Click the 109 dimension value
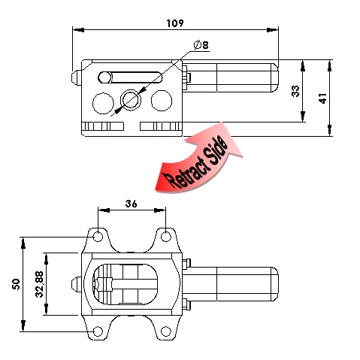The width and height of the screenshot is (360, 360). point(175,23)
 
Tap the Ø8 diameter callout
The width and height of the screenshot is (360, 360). point(201,45)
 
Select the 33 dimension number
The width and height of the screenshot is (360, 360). point(295,91)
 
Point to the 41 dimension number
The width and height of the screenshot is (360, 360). point(322,98)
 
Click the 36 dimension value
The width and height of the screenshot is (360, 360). point(132,204)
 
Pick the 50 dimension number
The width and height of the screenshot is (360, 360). point(16,284)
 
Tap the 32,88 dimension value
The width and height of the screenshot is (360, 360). point(39,284)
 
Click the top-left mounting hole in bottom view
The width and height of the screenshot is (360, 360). point(98,237)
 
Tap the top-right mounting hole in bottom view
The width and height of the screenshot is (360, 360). point(165,237)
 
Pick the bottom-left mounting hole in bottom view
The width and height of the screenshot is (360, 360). point(98,331)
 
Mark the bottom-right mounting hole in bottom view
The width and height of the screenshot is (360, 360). point(165,331)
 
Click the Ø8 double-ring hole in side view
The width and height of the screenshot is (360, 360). point(131,100)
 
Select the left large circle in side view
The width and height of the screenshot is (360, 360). point(103,103)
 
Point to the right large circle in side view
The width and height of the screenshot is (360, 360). point(162,101)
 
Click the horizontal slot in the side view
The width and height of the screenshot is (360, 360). point(130,77)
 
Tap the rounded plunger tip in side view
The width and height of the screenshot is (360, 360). point(76,77)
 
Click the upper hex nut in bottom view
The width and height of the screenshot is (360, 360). point(186,264)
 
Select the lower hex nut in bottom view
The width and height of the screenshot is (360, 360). point(186,304)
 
